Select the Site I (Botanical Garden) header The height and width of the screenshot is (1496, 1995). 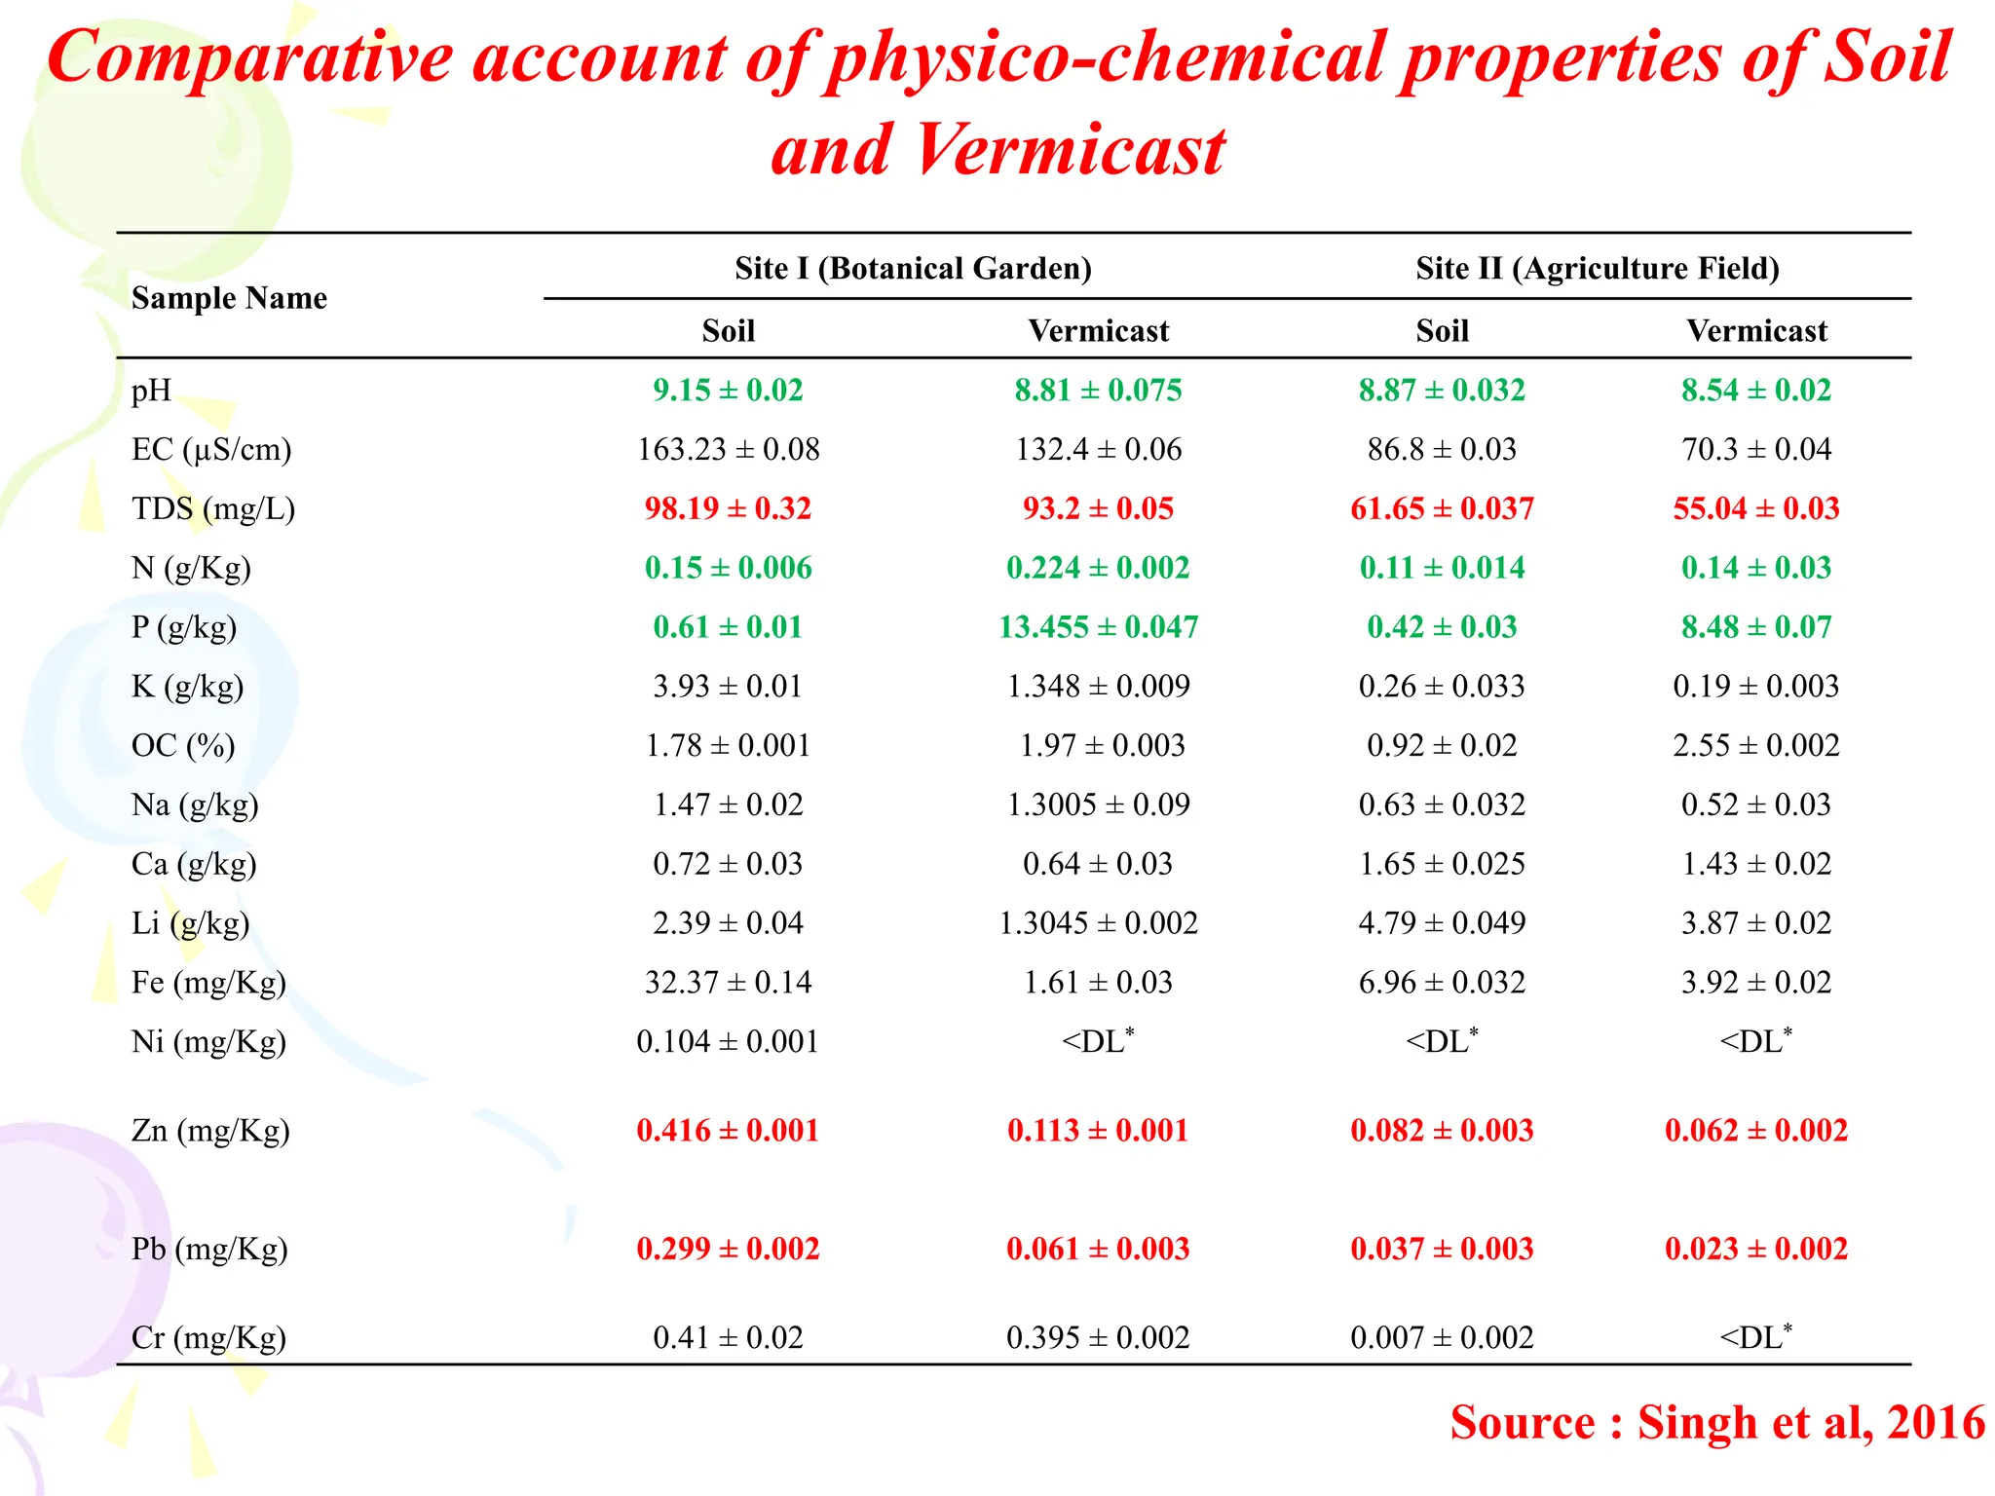913,268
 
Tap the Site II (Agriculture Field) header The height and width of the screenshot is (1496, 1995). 1598,268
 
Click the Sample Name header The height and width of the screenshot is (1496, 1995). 229,298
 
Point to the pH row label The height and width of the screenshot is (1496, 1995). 151,391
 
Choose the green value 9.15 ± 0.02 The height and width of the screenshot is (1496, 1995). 728,391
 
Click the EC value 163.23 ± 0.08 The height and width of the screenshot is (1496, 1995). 728,450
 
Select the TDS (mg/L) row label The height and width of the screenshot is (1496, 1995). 212,508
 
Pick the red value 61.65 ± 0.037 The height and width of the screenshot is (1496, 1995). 1442,508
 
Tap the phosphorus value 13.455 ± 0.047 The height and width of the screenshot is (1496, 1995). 1098,627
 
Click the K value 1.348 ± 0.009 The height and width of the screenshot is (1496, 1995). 1098,687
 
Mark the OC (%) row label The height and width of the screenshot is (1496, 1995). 183,746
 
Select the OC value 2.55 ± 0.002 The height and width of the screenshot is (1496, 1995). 1755,746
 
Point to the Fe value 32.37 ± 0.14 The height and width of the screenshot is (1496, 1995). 728,983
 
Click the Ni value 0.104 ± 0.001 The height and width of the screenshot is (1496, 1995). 728,1042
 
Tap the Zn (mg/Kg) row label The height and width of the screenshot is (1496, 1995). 210,1131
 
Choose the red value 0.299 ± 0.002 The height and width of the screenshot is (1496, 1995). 728,1249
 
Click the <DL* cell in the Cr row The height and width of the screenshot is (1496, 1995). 1755,1337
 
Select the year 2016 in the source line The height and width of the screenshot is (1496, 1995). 1936,1423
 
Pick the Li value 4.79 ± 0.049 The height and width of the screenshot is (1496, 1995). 1442,923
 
